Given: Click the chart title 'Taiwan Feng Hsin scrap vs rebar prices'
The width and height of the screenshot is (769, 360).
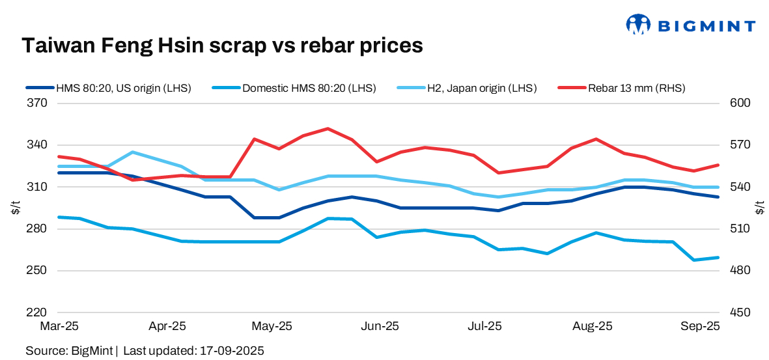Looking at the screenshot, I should (x=223, y=45).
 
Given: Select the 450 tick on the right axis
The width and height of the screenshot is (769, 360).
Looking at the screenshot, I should (x=742, y=312).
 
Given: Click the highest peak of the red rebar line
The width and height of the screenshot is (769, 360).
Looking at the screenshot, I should (x=328, y=128).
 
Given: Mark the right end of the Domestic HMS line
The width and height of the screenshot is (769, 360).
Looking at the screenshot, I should (x=718, y=258).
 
